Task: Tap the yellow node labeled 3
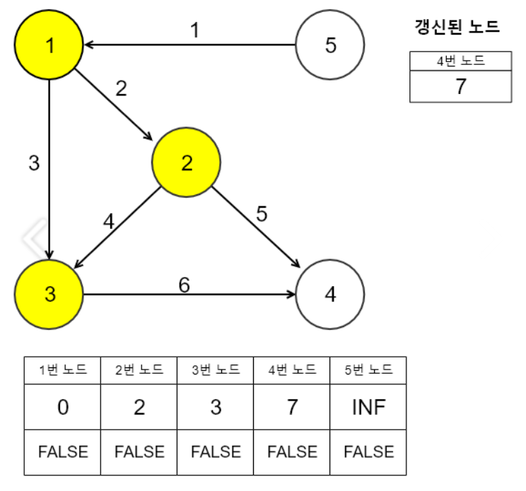[49, 294]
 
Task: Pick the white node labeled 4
[330, 294]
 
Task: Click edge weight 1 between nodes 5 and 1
[195, 30]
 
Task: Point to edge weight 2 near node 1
[122, 88]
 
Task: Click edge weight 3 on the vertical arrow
[34, 163]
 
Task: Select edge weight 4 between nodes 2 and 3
[108, 221]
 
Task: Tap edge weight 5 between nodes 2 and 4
[262, 214]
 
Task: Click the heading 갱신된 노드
[457, 28]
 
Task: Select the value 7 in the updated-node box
[460, 87]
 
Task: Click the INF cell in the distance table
[368, 408]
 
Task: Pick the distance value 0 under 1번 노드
[62, 408]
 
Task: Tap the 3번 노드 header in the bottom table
[216, 370]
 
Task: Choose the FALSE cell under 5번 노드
[368, 451]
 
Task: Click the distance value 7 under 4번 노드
[292, 408]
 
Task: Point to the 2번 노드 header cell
[139, 370]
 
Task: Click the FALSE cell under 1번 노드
[62, 451]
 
